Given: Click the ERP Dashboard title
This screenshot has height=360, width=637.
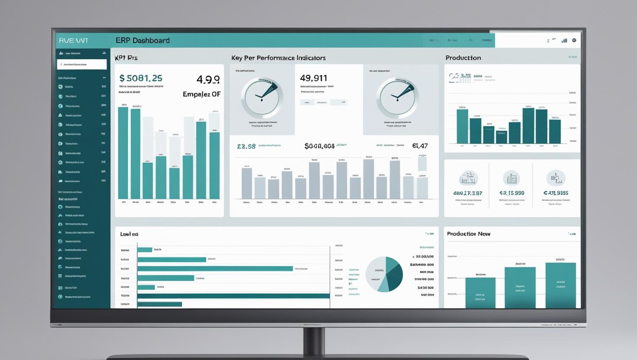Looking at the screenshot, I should point(142,41).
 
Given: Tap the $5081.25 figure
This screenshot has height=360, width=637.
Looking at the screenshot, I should point(141,78).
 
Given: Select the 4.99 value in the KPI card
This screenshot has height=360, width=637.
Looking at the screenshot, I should point(208,80).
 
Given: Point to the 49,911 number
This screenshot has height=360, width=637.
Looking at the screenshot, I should point(313,78).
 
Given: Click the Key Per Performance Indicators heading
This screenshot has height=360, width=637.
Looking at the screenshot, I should point(278,58).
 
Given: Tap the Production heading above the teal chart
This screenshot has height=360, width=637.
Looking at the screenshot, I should point(463,58).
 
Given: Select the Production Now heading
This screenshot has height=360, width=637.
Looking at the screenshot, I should point(468,234).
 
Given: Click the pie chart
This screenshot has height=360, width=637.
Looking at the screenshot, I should point(385,274).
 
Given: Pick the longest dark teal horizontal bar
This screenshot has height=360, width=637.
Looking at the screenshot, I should point(233,296).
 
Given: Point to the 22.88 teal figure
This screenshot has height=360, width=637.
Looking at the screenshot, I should point(246,146).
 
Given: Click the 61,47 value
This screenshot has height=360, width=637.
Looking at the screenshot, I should point(420,146).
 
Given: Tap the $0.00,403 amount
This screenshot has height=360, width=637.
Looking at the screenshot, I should point(319,146).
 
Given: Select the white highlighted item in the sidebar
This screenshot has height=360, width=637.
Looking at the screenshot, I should point(82,64).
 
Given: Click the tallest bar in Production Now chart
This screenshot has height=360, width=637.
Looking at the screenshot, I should point(560,285).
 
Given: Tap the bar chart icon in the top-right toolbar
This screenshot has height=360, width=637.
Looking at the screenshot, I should point(564,41).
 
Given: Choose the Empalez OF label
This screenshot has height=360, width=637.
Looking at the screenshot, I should point(202,94).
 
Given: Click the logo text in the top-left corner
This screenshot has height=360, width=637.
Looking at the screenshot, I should point(74,41).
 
